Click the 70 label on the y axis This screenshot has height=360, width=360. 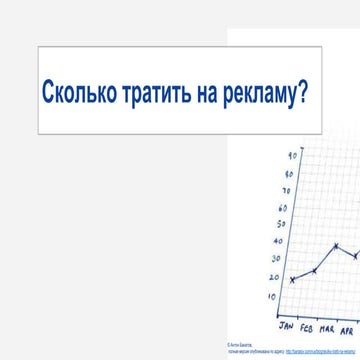(x=287, y=190)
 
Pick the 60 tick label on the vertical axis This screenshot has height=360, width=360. (x=284, y=208)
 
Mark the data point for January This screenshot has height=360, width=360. (x=292, y=280)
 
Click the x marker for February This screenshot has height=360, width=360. (x=314, y=271)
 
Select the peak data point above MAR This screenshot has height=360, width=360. (x=336, y=246)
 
